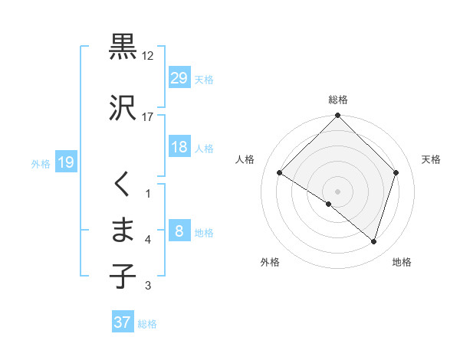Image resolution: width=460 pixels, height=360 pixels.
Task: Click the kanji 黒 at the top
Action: point(123,47)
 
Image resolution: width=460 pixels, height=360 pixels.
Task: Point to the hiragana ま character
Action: point(123,230)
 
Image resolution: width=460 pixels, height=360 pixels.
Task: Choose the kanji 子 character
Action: point(123,274)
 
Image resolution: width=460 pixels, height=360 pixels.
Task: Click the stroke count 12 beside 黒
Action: point(148,56)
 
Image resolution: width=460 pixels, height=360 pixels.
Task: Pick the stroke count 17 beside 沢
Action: point(148,116)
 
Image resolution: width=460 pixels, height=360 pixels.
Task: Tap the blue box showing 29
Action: point(179,78)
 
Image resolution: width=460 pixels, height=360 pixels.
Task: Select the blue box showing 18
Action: point(179,147)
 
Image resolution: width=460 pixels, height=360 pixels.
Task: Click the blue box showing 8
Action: point(179,231)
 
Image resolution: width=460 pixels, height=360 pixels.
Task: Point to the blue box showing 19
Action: point(66,162)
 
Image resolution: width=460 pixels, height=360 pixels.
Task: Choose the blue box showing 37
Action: point(123,322)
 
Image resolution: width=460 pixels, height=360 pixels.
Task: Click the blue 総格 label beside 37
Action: point(147,324)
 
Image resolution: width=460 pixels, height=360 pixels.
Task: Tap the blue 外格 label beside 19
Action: point(41,163)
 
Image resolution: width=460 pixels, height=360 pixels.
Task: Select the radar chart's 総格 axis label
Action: point(337,100)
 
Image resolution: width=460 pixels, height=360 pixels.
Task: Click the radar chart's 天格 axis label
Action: point(431,159)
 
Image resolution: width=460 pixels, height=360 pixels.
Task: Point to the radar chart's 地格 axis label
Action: point(402,263)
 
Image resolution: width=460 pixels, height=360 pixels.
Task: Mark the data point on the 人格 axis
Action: point(280,173)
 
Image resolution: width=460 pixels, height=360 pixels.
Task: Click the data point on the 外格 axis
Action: point(329,204)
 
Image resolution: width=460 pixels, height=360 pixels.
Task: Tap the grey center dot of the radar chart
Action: point(337,191)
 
